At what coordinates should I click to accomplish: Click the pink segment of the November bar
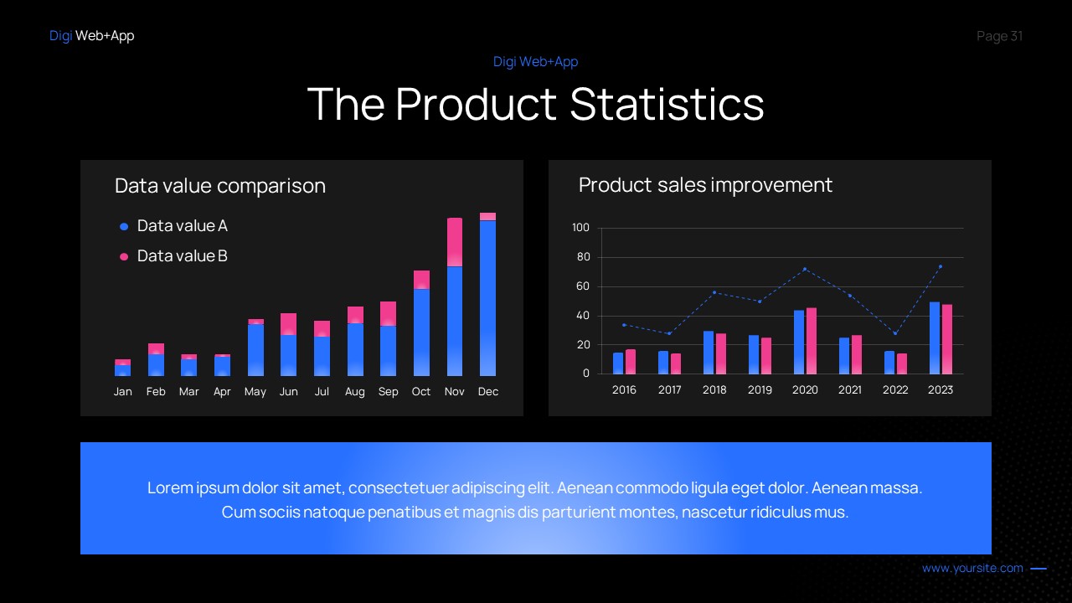(x=455, y=242)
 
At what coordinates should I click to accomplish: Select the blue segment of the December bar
(x=487, y=297)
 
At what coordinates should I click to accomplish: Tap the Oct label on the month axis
(x=421, y=392)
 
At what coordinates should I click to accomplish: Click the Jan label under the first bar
(x=123, y=392)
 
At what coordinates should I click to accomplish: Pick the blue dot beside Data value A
(x=124, y=226)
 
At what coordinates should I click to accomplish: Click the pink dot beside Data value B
(x=124, y=256)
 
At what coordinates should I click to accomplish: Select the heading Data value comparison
(x=220, y=186)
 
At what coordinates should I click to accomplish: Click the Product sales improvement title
(x=705, y=185)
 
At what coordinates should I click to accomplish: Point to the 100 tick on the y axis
(x=580, y=228)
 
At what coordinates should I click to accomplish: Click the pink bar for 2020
(x=811, y=341)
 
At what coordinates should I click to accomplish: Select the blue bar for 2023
(x=935, y=338)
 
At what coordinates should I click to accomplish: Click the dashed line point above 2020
(x=805, y=269)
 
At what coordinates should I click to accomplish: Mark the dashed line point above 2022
(x=895, y=333)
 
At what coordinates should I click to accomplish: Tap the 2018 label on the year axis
(x=714, y=390)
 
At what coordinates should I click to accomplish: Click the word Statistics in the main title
(x=667, y=105)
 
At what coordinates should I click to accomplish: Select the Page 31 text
(x=999, y=36)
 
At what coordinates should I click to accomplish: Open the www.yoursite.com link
(x=972, y=569)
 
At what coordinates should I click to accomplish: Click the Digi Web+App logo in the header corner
(x=91, y=36)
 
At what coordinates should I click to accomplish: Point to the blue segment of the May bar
(x=256, y=349)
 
